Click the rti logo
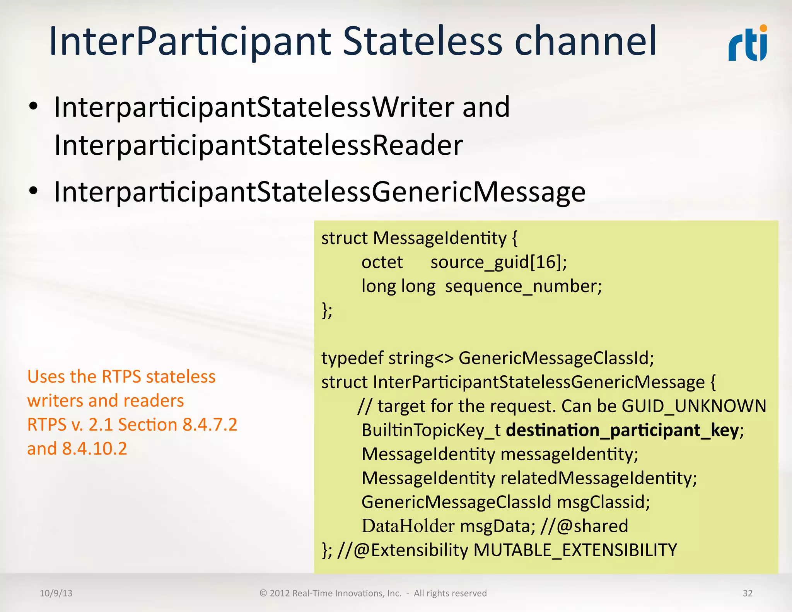coord(748,44)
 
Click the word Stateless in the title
coord(423,41)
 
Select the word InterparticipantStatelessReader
coord(258,145)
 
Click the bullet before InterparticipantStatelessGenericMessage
coord(34,191)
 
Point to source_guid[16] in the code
coord(498,262)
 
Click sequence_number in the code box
coord(523,287)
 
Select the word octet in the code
coord(382,262)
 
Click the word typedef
coord(352,358)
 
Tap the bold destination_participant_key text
coord(622,430)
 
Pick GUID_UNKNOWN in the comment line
coord(694,406)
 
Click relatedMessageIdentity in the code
coord(598,478)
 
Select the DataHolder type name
coord(408,526)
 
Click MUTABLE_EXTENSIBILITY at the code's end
coord(575,550)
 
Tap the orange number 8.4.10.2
coord(94,449)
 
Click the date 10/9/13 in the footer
coord(56,593)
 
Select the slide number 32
coord(747,593)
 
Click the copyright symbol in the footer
coord(263,593)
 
